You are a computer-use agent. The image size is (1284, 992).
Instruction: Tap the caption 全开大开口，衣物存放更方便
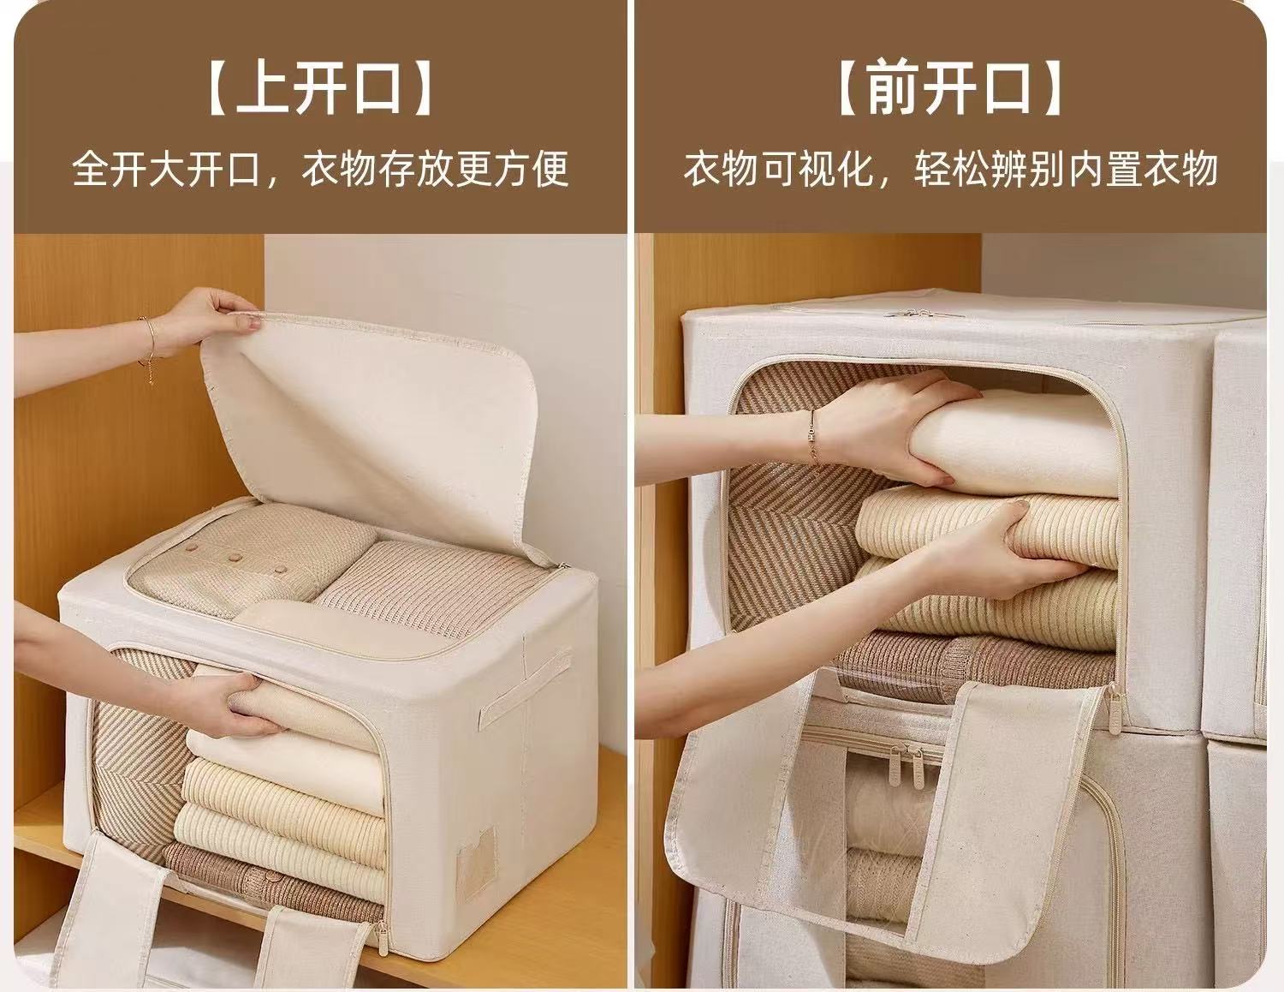tap(320, 169)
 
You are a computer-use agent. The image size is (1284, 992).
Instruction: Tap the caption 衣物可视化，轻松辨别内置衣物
tap(950, 169)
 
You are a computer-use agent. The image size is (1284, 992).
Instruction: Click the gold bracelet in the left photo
tap(148, 349)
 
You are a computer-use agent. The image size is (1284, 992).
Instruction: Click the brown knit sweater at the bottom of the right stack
tap(975, 662)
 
